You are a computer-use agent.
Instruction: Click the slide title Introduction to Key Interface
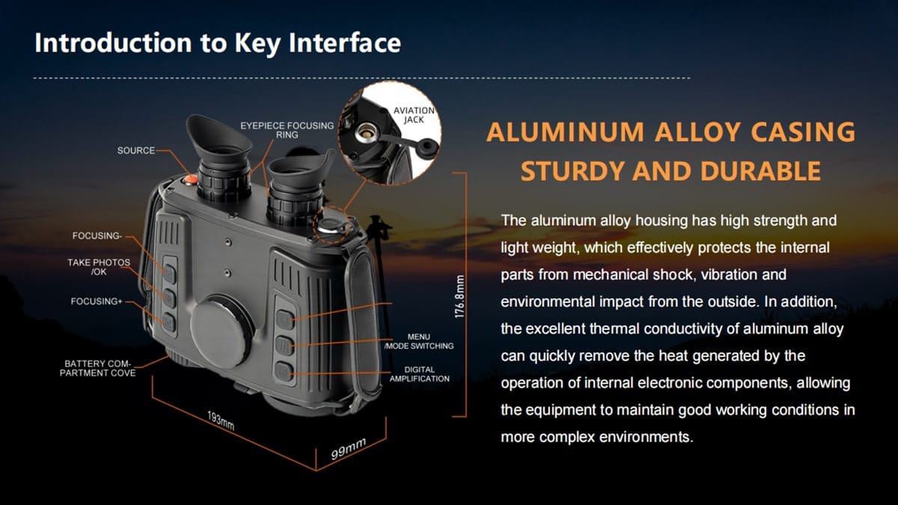click(217, 43)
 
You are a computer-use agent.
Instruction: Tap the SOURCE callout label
click(135, 150)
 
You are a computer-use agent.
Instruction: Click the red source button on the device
click(190, 180)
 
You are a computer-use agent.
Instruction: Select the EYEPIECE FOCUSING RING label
click(287, 130)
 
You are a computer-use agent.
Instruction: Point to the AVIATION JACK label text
click(414, 115)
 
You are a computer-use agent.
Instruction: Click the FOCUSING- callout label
click(97, 236)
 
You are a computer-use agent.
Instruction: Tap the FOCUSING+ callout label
click(97, 302)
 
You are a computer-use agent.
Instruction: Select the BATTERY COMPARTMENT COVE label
click(98, 368)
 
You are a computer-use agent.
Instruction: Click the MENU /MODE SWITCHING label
click(418, 342)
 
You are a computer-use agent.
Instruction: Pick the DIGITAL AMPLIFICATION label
click(419, 374)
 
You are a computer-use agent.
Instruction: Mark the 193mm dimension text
click(221, 420)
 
